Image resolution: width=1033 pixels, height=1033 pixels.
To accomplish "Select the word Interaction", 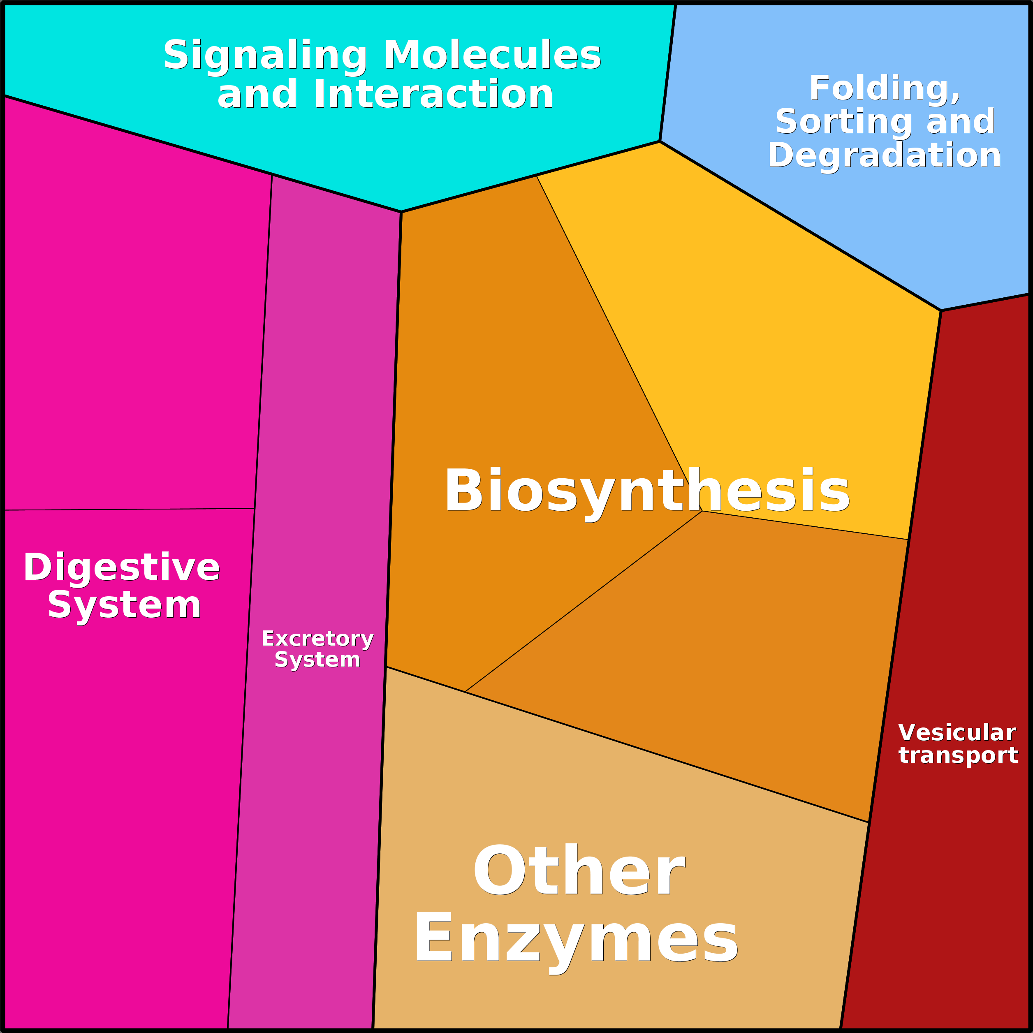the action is pyautogui.click(x=433, y=94).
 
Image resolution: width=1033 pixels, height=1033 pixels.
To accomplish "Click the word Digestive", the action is pyautogui.click(x=121, y=567).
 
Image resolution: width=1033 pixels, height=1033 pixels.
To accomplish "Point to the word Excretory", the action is pyautogui.click(x=317, y=639).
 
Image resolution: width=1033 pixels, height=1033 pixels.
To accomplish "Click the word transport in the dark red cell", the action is pyautogui.click(x=958, y=755).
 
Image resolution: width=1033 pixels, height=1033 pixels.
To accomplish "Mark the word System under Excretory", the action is pyautogui.click(x=317, y=660).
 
